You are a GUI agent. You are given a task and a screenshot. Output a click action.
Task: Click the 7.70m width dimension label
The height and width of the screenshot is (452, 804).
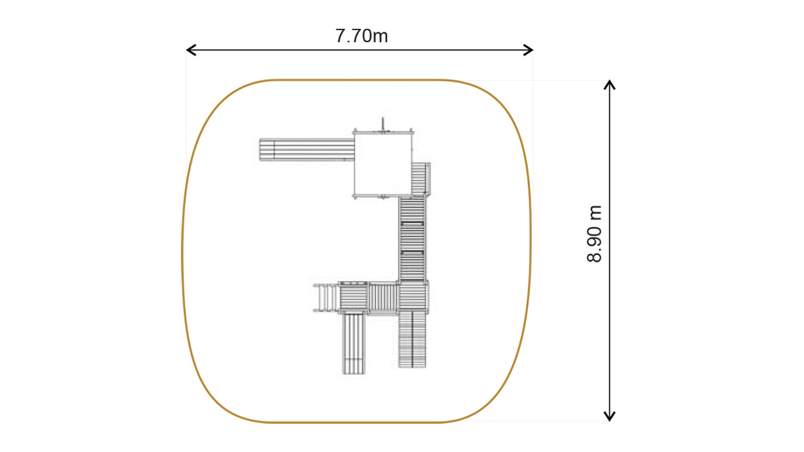point(361,36)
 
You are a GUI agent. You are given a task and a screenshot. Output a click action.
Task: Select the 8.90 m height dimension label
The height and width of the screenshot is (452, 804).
point(594,234)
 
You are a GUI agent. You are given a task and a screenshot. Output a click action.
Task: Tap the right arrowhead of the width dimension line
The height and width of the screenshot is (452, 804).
point(528,50)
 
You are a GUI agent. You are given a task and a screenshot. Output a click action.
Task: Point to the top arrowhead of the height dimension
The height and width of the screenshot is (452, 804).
point(610,84)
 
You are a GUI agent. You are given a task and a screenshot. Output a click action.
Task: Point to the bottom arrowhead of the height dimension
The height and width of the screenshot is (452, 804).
point(610,416)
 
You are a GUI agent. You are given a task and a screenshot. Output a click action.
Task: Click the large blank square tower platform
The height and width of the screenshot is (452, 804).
point(383,165)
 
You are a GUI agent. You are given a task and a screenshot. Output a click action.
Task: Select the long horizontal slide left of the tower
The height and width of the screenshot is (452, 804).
point(307,149)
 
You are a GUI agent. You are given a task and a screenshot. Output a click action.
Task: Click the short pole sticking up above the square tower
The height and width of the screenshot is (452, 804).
point(383,124)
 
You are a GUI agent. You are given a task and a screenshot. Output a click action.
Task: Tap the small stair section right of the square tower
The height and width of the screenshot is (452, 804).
point(420,179)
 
